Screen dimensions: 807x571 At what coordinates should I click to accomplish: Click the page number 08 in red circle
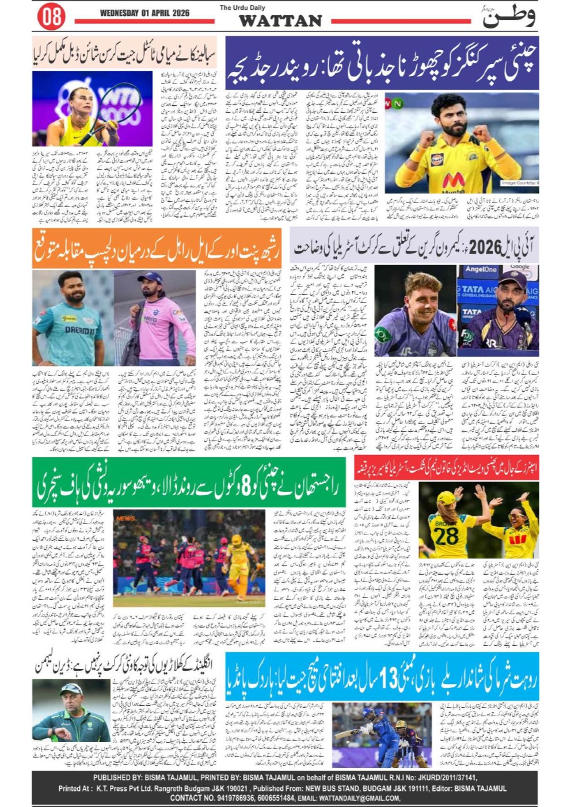tap(51, 16)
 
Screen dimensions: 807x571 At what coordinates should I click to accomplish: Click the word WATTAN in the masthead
tap(280, 21)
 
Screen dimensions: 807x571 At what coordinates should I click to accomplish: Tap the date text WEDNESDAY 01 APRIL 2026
tap(144, 13)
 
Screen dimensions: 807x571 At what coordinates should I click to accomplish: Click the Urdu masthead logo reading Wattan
tap(509, 16)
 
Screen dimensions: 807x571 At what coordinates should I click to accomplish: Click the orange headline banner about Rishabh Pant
tap(157, 248)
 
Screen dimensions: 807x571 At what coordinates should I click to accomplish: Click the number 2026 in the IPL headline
tap(485, 248)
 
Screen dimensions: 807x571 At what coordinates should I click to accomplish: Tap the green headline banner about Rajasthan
tap(189, 483)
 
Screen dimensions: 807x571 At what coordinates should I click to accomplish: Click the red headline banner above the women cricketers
tap(447, 468)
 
